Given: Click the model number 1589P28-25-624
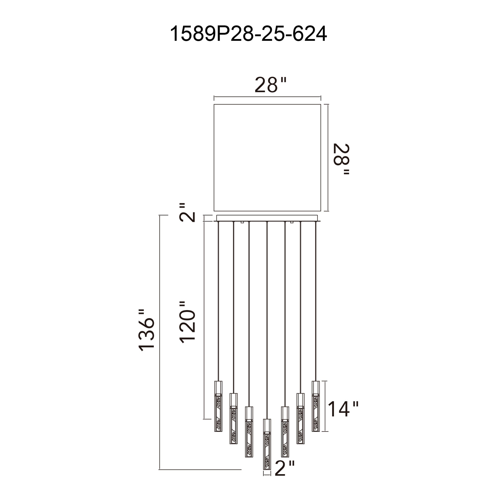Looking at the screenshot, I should pos(248,34).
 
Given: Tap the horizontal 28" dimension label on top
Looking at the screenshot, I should pos(270,85).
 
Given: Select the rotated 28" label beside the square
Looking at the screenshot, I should pos(341,159).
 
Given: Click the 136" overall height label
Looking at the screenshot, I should pos(147,330).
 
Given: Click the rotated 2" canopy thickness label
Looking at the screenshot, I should pos(187,212).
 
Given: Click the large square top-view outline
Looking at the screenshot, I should pos(267,158).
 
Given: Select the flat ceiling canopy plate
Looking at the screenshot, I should pos(267,218).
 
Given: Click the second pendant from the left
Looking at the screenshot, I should pos(234,422).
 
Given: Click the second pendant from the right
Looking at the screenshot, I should pos(300,422).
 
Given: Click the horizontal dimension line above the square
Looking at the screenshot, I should pos(267,97).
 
